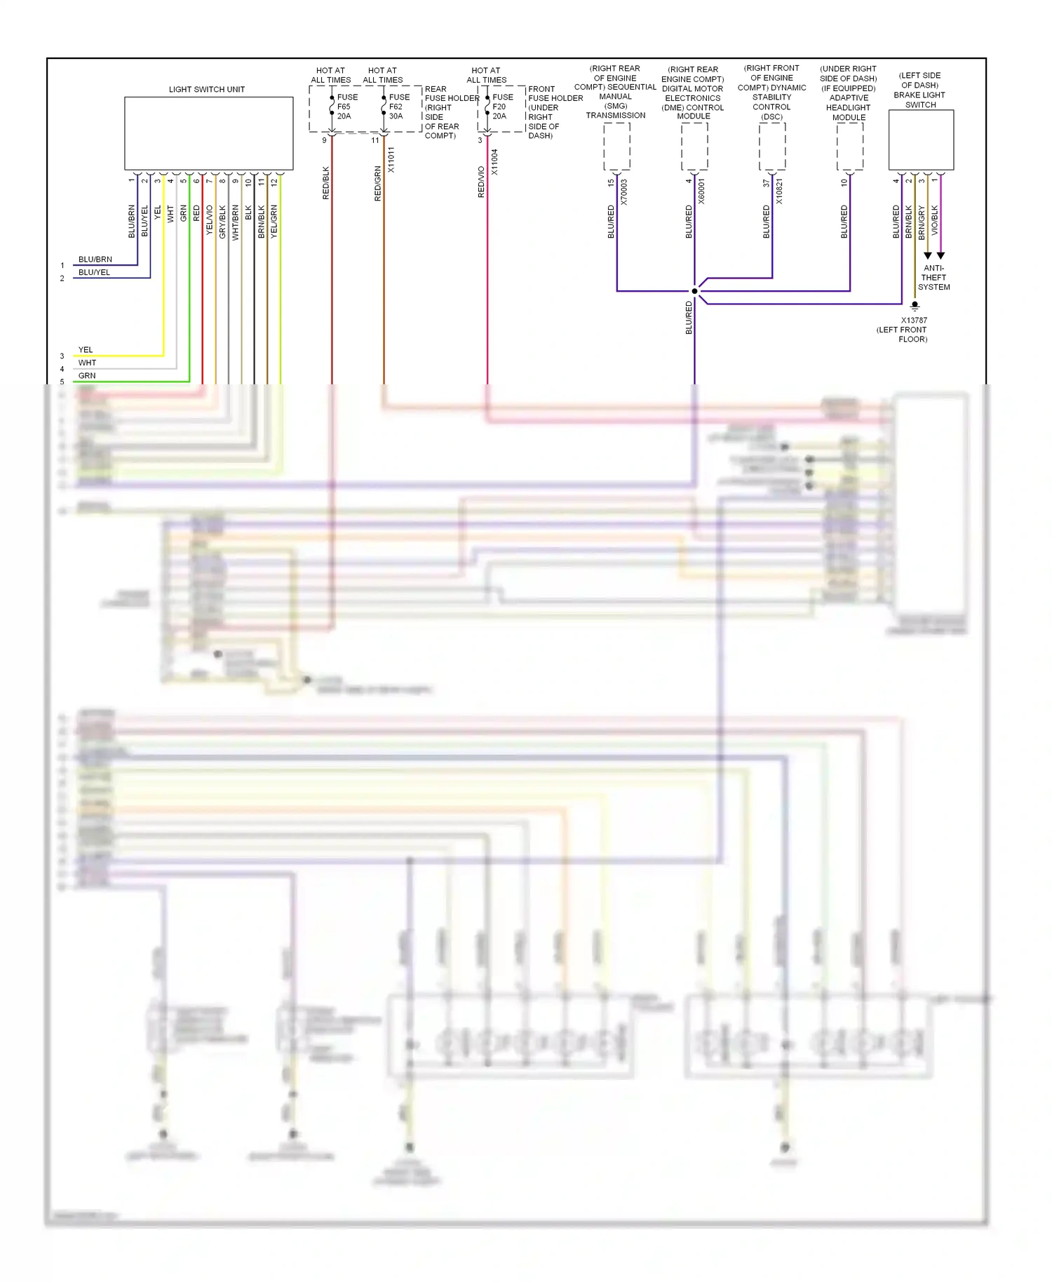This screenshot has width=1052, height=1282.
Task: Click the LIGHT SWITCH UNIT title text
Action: [206, 90]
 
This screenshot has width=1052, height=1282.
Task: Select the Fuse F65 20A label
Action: [346, 107]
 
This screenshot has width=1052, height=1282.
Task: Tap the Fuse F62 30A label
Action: [398, 107]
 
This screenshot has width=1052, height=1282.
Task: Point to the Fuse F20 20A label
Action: [502, 107]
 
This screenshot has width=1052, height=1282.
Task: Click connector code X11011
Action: [391, 160]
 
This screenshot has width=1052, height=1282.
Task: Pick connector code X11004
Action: [494, 162]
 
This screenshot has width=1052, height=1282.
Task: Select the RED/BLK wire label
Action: [325, 183]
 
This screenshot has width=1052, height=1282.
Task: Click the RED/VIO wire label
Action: [481, 182]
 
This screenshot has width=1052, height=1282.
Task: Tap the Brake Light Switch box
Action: [920, 140]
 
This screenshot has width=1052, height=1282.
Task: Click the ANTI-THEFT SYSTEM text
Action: [933, 278]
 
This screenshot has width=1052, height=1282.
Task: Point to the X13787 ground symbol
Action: [915, 306]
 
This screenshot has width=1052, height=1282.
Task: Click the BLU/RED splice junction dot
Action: [694, 291]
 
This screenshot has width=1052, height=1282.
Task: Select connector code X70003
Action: [624, 192]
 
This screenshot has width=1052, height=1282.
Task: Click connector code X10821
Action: [779, 192]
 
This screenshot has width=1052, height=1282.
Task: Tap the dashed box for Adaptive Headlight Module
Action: [849, 147]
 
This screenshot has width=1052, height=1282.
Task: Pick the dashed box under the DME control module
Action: [694, 147]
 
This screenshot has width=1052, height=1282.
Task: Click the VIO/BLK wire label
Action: [934, 220]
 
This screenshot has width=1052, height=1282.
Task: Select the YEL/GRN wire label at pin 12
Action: [274, 222]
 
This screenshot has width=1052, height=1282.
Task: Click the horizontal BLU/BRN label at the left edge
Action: [95, 259]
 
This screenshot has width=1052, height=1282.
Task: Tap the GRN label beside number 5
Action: [87, 376]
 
